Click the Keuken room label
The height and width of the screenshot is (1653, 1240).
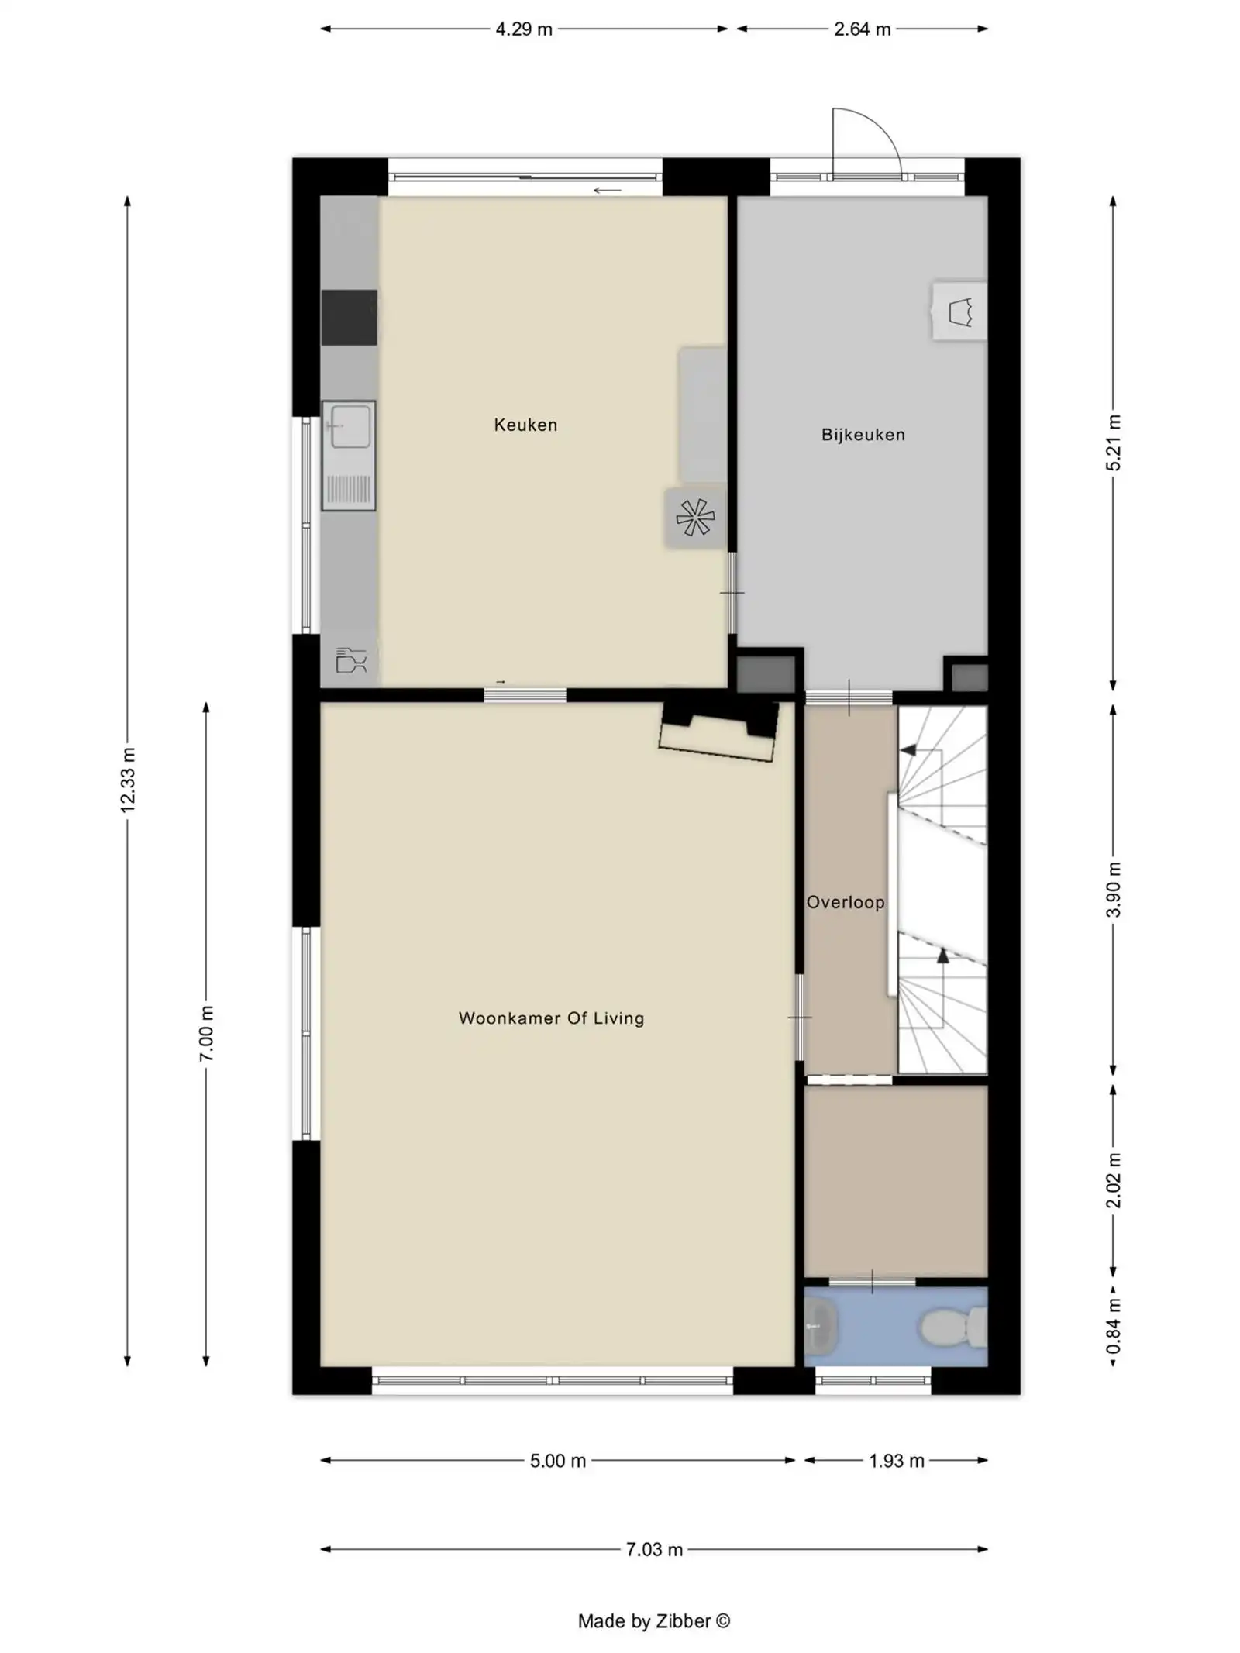click(x=525, y=425)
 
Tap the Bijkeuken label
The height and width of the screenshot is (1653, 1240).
click(x=863, y=435)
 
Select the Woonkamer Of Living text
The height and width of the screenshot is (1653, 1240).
click(x=551, y=1018)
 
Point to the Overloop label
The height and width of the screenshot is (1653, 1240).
click(x=845, y=902)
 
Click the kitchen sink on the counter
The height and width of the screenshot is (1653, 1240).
click(x=350, y=425)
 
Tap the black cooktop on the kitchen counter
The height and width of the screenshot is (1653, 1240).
click(x=349, y=317)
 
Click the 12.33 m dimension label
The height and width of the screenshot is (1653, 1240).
click(x=128, y=780)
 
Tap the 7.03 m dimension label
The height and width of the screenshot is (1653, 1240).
click(x=654, y=1549)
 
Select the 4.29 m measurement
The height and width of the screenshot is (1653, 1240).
click(x=524, y=29)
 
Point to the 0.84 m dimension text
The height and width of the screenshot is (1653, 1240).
click(x=1113, y=1328)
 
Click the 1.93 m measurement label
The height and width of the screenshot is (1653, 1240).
click(x=896, y=1461)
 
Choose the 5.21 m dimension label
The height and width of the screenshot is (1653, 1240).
click(x=1113, y=443)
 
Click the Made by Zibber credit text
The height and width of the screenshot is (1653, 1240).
click(x=653, y=1621)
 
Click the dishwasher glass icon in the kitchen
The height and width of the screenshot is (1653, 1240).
click(x=350, y=660)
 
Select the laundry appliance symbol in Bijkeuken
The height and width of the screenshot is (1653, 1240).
click(x=960, y=312)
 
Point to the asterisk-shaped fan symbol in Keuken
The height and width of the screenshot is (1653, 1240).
click(x=694, y=518)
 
